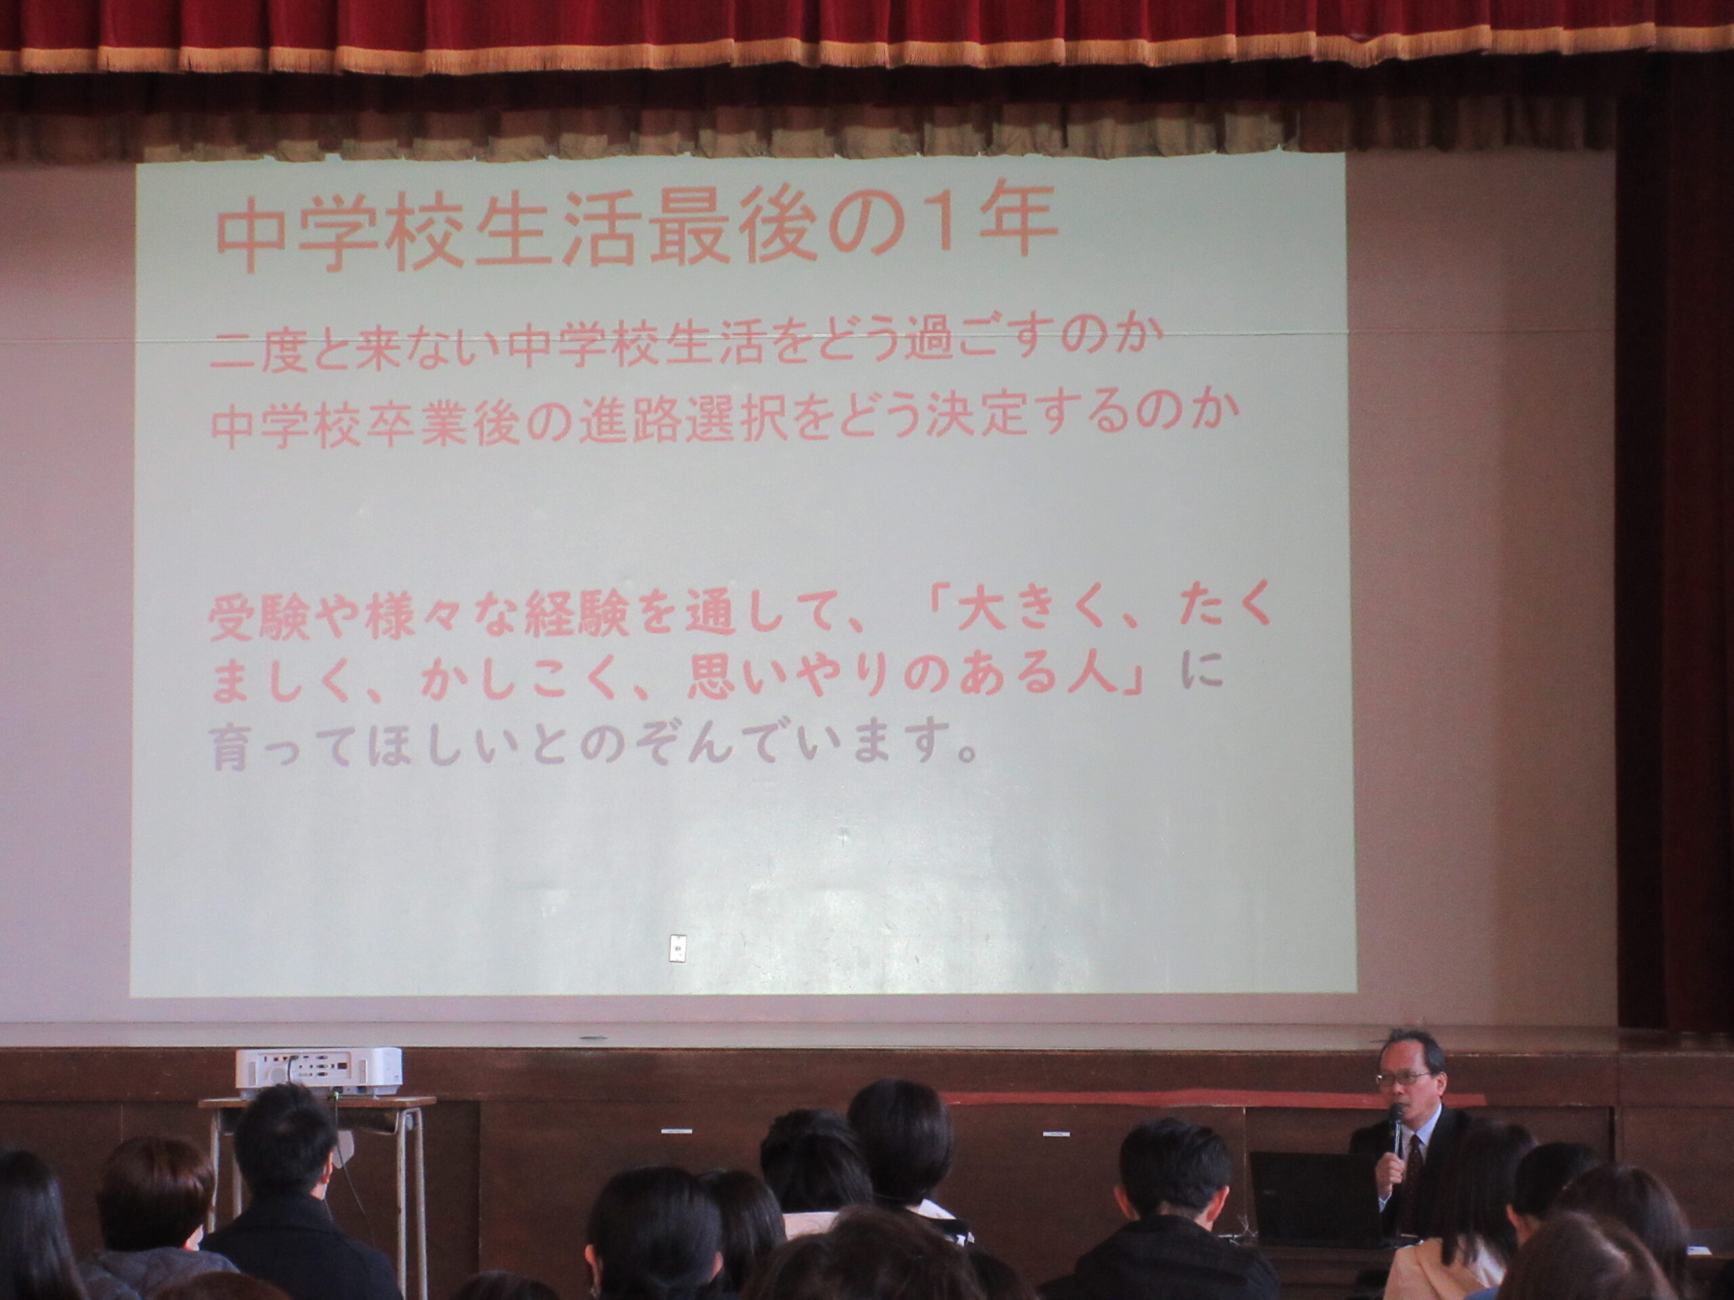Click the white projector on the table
pyautogui.click(x=318, y=1070)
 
